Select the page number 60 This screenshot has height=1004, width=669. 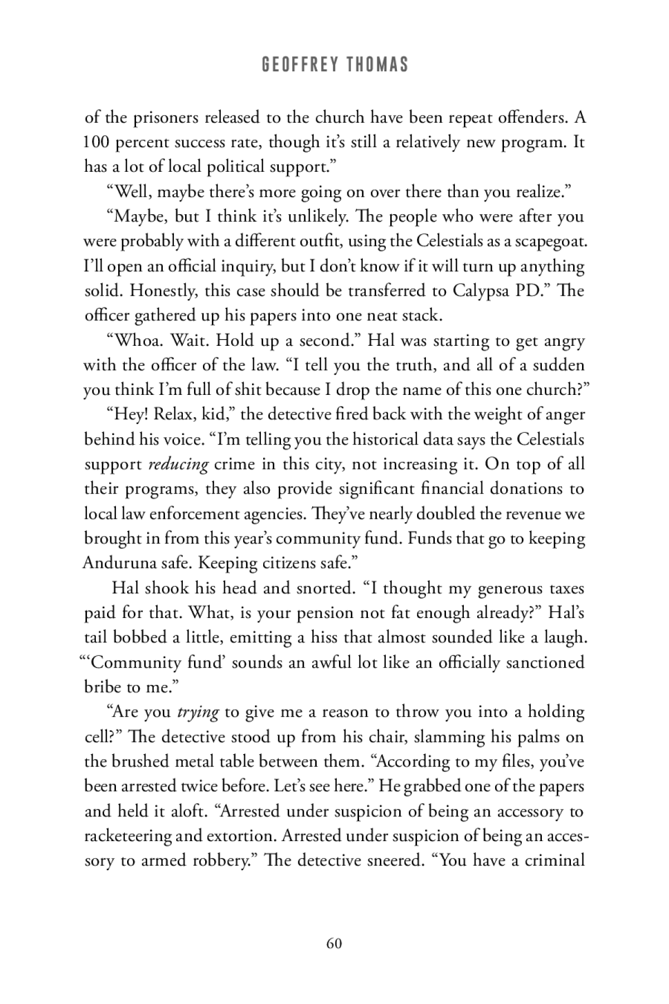(334, 943)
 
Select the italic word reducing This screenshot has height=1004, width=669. (178, 464)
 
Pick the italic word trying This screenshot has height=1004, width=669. (197, 712)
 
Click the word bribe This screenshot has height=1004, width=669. (104, 687)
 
